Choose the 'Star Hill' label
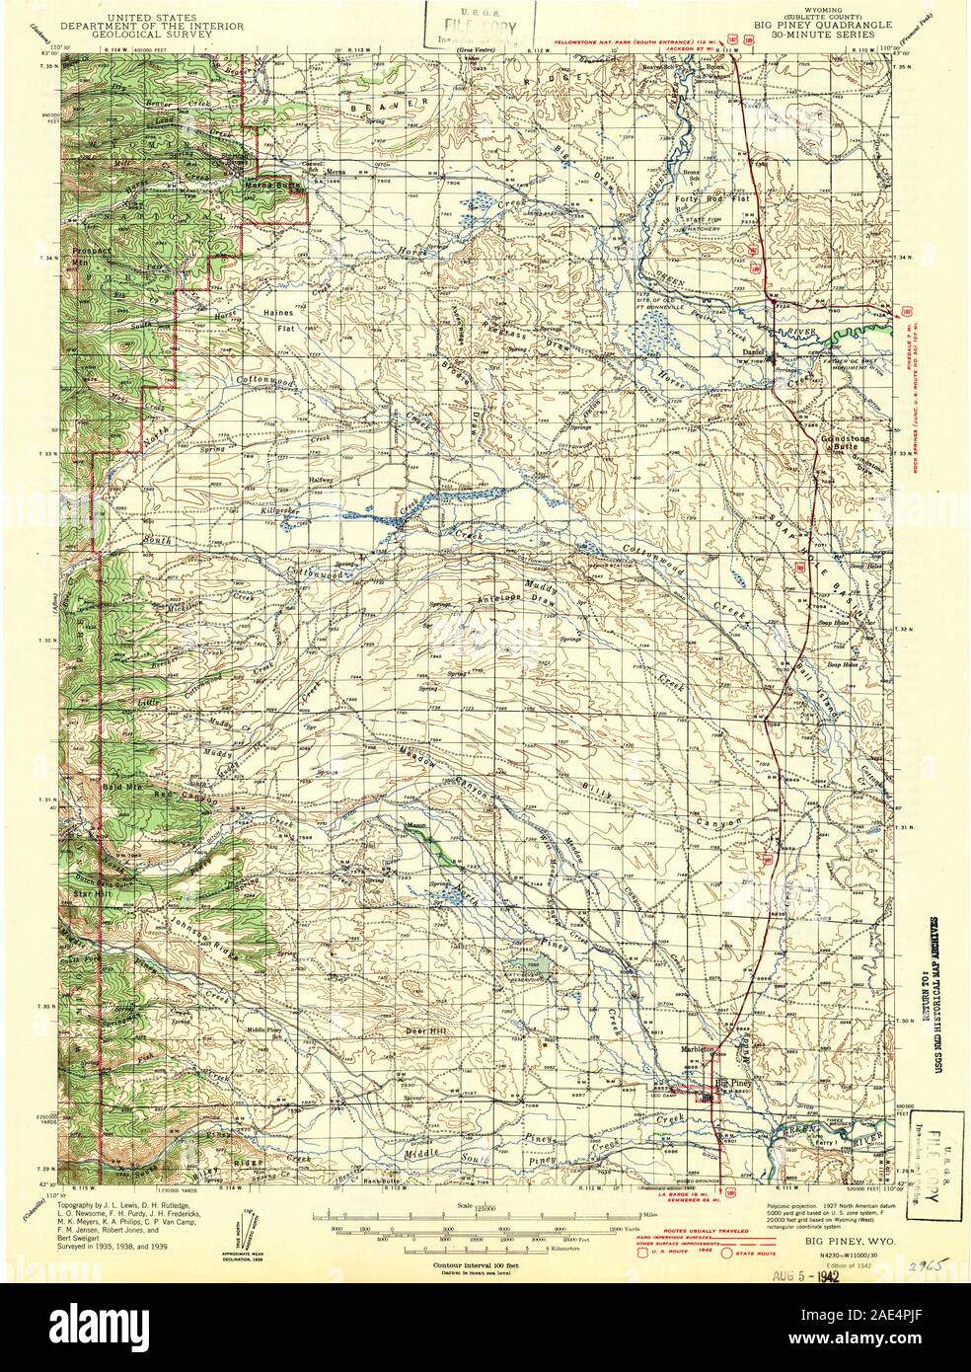pos(88,893)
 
